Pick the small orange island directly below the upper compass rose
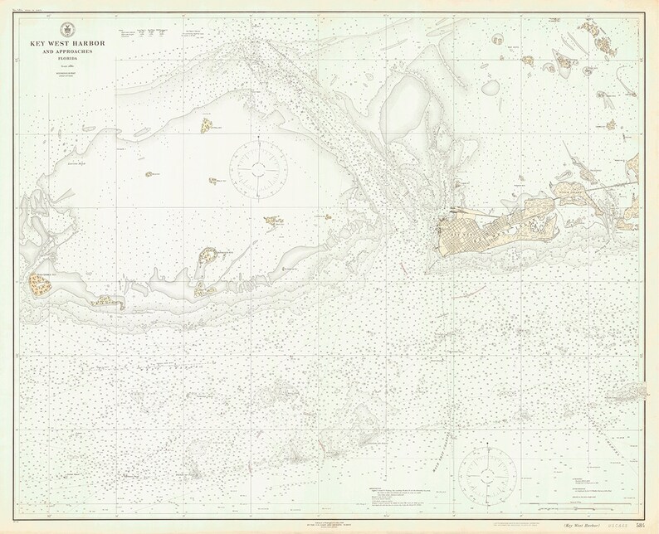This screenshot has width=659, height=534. (271, 221)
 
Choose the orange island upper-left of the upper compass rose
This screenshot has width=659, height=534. (205, 126)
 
